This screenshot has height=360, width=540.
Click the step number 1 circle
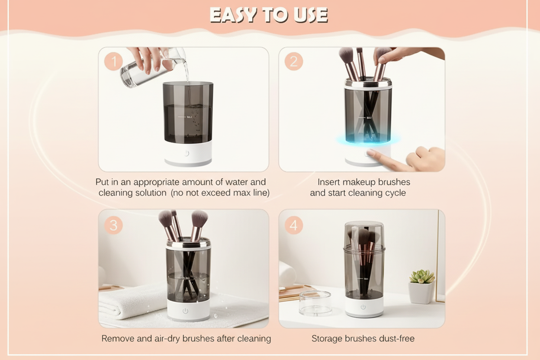[113, 61]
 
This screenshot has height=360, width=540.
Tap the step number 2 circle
[294, 61]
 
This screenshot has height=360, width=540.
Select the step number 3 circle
[113, 225]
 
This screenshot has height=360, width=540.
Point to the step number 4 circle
[294, 225]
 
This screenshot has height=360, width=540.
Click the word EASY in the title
[233, 15]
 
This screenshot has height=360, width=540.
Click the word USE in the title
[311, 15]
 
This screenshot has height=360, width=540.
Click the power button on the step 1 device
[186, 153]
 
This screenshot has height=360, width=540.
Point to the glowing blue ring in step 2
[368, 139]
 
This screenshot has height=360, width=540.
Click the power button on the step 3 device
[185, 311]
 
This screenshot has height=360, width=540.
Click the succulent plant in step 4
[422, 276]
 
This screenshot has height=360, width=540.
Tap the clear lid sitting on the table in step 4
[315, 303]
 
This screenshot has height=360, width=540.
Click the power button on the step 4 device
[363, 307]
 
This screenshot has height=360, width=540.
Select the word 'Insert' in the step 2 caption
[328, 182]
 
